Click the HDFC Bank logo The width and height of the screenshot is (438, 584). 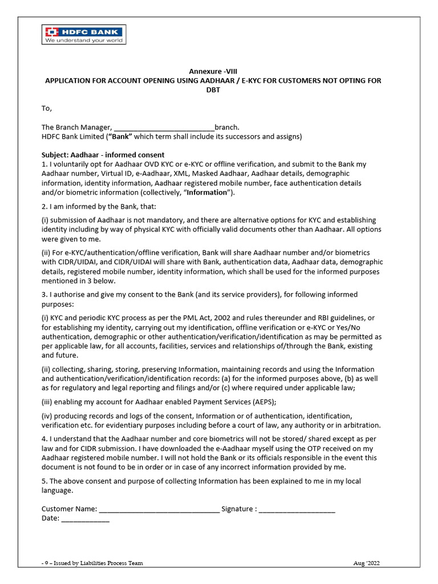(84, 31)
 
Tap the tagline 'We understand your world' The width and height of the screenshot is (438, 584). (84, 40)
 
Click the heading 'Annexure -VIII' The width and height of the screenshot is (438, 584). (213, 71)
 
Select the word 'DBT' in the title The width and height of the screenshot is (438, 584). (213, 90)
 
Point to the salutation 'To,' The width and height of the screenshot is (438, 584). (47, 108)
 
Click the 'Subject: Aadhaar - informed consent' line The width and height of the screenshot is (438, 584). (103, 155)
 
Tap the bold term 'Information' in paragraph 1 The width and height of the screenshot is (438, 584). (203, 192)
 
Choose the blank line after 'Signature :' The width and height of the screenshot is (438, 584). (297, 509)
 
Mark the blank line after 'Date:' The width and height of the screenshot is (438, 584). (85, 518)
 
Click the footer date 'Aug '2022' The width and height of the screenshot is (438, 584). (366, 563)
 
